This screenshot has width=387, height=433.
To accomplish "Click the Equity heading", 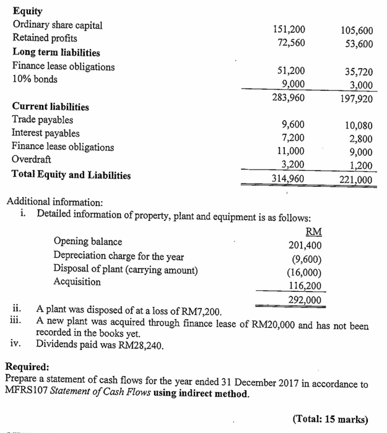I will click(27, 11).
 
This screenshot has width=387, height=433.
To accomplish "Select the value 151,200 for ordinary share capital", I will click(289, 29).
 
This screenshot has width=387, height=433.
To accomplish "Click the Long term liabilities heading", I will click(56, 53).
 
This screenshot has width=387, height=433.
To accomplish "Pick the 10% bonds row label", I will click(35, 80).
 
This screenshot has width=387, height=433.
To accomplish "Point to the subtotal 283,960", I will click(289, 96).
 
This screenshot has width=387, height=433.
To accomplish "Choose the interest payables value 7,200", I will click(292, 139).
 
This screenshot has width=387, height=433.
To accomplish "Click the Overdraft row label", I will click(32, 161).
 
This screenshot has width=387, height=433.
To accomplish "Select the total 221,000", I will click(357, 179).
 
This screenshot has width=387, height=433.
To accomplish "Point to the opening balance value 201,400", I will click(305, 245).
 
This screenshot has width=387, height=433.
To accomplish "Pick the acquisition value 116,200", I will click(305, 285).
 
